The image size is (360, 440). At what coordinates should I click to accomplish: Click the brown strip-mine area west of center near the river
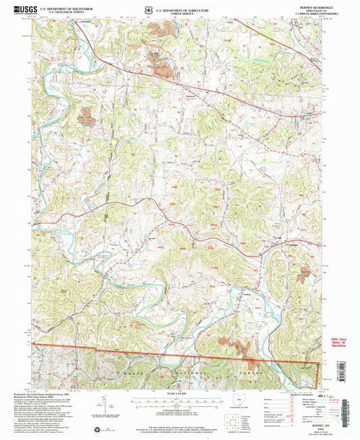pyautogui.click(x=86, y=117)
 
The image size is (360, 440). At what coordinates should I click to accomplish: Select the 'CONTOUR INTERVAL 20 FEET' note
pyautogui.click(x=180, y=409)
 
